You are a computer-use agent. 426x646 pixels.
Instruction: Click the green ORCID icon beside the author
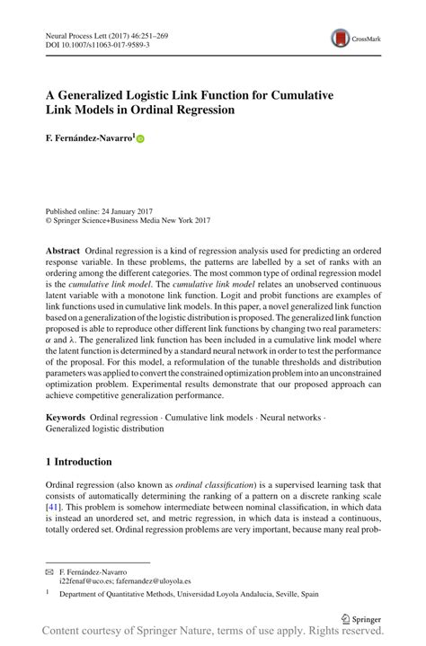click(140, 138)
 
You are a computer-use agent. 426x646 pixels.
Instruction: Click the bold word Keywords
click(65, 418)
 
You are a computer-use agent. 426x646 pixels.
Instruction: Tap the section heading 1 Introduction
click(79, 462)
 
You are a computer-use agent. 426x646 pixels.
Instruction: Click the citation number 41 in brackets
click(54, 507)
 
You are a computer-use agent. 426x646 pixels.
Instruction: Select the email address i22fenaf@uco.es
click(88, 582)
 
